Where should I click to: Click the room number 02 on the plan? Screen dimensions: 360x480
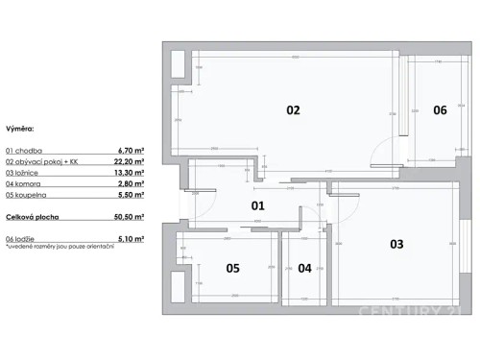pos(294,110)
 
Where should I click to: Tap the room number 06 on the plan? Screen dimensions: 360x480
pos(440,110)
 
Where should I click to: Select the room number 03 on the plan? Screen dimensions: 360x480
pos(396,244)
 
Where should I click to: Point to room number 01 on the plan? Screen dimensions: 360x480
pos(258,205)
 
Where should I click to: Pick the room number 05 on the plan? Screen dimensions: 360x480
pos(232,269)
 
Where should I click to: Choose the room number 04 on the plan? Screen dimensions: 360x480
pos(305,269)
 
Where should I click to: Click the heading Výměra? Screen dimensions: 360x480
pos(21,127)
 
